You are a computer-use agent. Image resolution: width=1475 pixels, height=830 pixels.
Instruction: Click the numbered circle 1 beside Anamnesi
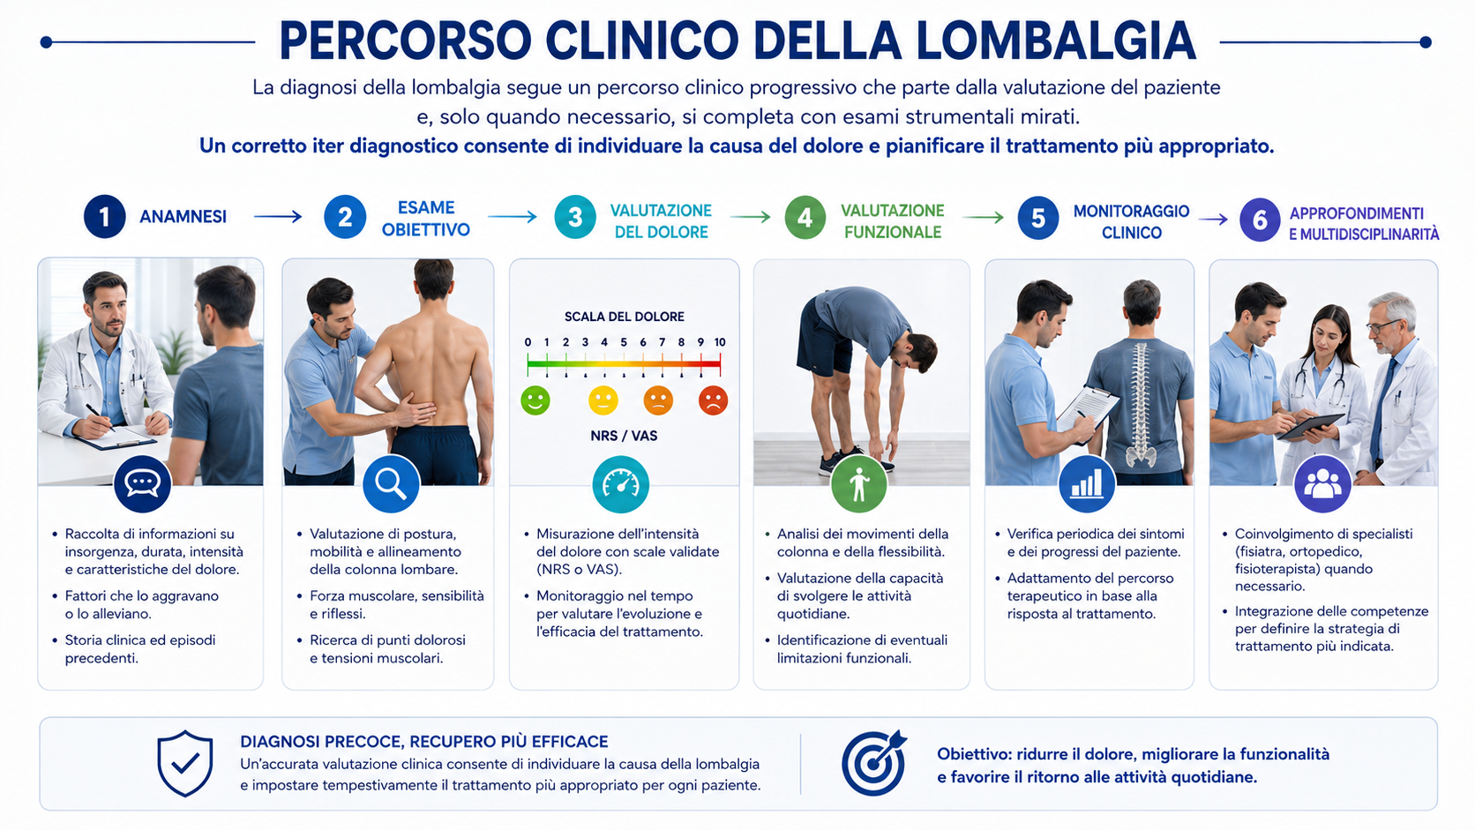[105, 217]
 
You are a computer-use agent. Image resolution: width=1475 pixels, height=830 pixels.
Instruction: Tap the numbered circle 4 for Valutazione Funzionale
[805, 217]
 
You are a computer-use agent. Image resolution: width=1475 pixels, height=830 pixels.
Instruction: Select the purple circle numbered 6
[1260, 220]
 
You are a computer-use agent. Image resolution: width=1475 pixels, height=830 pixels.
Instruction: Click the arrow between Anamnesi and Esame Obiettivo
[278, 217]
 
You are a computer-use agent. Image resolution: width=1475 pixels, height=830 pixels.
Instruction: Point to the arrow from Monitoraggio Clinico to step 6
[1213, 219]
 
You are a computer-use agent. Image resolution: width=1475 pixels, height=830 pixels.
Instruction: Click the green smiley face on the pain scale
[535, 400]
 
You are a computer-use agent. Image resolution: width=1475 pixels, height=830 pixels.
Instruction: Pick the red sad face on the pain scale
[713, 400]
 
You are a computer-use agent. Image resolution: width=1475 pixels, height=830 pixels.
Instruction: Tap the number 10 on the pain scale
[720, 342]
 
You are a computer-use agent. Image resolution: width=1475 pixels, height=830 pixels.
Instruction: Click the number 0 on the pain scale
[528, 342]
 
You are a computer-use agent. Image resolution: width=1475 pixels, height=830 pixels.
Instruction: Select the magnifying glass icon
[391, 483]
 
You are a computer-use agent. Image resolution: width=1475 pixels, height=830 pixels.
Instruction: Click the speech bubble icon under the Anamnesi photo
[142, 483]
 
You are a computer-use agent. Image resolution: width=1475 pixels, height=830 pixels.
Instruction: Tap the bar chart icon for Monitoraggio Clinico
[1087, 483]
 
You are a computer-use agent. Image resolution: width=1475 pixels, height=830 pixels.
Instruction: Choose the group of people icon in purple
[1322, 483]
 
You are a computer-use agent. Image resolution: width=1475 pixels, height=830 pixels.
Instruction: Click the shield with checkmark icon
[185, 764]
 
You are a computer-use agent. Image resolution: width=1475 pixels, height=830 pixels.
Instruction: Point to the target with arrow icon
[874, 762]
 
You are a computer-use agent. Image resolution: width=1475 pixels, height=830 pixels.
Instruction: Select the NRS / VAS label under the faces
[624, 436]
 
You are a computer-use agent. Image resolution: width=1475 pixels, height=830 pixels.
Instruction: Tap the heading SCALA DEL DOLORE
[625, 317]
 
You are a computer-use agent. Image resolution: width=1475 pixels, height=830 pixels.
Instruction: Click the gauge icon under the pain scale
[620, 484]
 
